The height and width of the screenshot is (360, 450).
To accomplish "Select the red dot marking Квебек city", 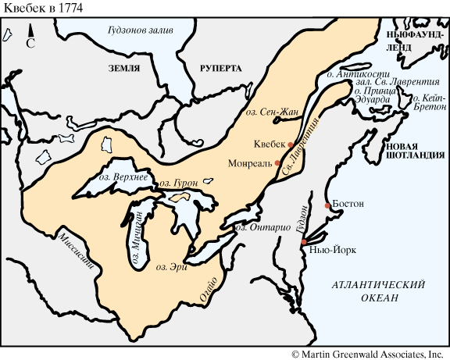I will (x=290, y=145).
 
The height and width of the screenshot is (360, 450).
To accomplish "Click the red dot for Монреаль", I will (x=277, y=163).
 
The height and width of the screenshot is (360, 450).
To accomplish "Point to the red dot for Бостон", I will (x=327, y=205).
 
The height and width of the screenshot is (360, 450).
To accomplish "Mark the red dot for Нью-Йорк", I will (x=304, y=244).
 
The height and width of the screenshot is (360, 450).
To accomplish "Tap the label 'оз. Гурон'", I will (x=178, y=183).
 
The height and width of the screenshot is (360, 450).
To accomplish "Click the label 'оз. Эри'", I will (x=172, y=267).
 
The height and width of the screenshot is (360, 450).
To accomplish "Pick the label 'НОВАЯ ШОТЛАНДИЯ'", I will (x=414, y=150).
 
